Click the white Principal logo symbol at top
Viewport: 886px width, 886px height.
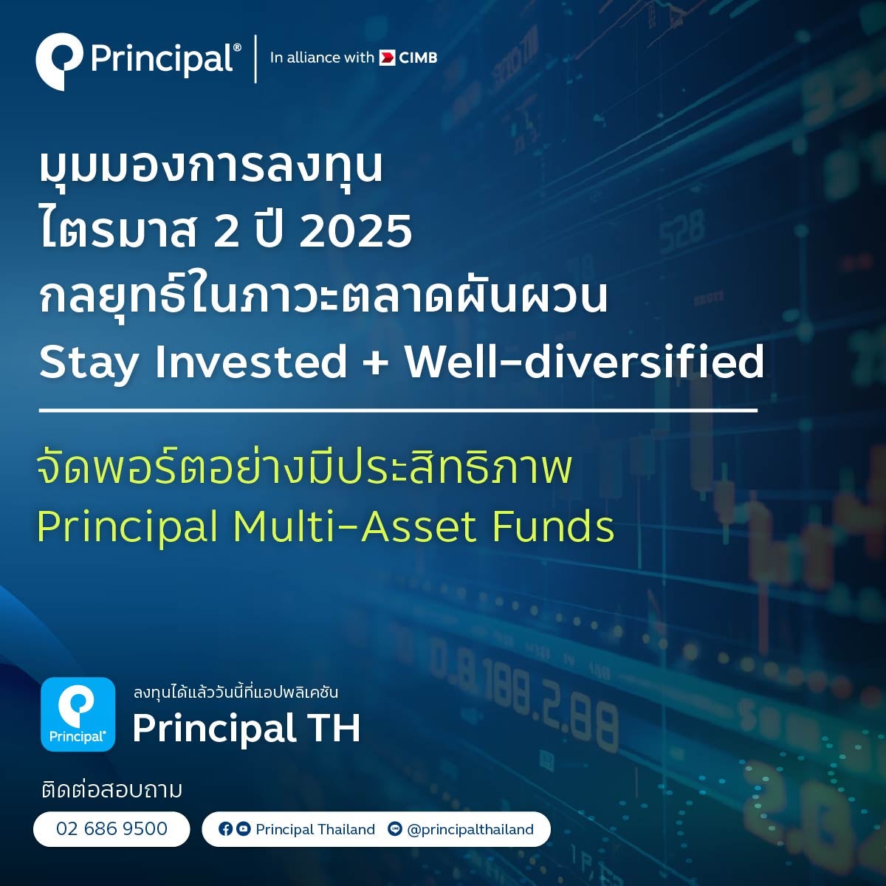click(x=58, y=61)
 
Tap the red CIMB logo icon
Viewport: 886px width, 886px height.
click(x=387, y=58)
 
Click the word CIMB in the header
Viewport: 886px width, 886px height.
click(x=417, y=58)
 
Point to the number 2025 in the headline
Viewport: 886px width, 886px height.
click(x=356, y=231)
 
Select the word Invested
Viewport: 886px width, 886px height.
click(x=250, y=363)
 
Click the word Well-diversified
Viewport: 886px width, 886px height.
click(x=584, y=363)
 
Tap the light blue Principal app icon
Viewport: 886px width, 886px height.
click(x=78, y=714)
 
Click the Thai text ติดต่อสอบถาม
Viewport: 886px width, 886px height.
click(x=111, y=790)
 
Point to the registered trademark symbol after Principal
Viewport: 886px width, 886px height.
click(x=237, y=47)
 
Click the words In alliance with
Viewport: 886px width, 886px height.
click(x=322, y=58)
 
